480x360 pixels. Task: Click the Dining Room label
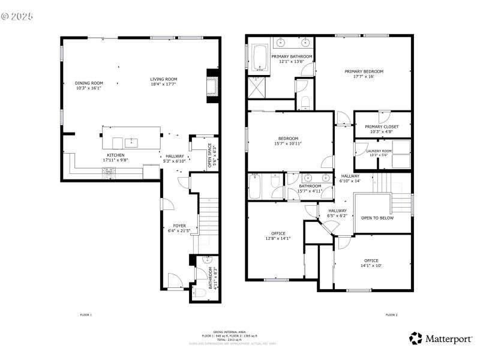[x=89, y=83]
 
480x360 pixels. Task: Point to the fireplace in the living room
[x=212, y=83]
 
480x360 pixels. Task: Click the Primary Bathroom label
[x=292, y=56]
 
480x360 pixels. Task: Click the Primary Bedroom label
[x=364, y=71]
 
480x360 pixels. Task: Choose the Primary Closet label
[x=382, y=127]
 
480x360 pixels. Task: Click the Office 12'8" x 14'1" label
[x=278, y=233]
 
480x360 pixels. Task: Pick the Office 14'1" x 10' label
[x=371, y=260]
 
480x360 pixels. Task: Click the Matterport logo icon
[x=416, y=338]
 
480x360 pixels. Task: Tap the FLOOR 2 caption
[x=391, y=315]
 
